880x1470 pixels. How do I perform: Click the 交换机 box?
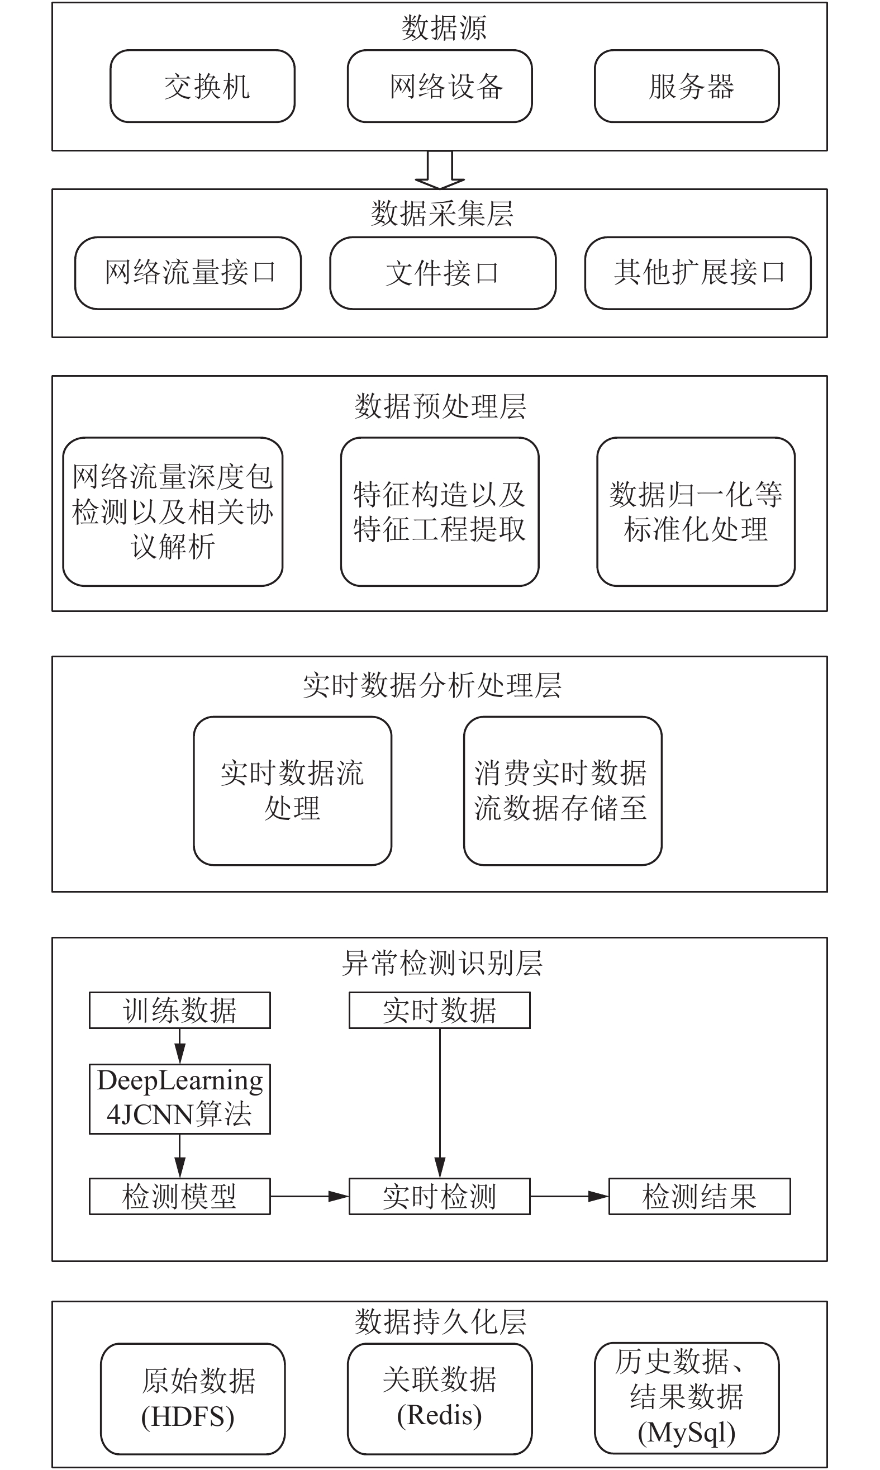[202, 86]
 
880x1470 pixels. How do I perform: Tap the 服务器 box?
[687, 86]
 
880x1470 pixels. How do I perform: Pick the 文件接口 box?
[443, 273]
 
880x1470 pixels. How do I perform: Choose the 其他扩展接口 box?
[698, 273]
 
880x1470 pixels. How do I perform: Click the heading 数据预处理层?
[440, 406]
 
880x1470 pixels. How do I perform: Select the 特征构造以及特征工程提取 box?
[440, 511]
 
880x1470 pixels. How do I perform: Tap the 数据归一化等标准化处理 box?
[696, 511]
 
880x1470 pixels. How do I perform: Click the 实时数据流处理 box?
[292, 790]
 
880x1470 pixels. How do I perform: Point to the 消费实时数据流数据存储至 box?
[563, 790]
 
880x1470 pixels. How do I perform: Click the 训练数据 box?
[180, 1010]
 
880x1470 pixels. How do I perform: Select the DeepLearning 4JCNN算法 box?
[180, 1099]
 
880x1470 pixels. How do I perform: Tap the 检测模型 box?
[180, 1197]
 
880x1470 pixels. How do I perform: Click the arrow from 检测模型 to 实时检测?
[310, 1197]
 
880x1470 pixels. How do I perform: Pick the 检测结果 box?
[700, 1197]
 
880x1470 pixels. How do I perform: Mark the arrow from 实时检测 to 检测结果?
[569, 1197]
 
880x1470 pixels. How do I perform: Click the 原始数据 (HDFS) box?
[193, 1399]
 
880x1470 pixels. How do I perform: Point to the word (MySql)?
[687, 1433]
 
